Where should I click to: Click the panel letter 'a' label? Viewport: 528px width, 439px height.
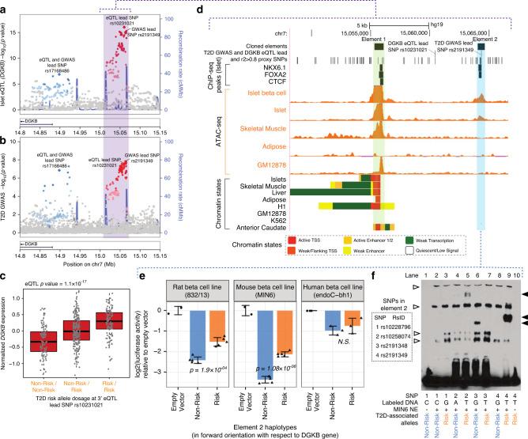6,6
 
